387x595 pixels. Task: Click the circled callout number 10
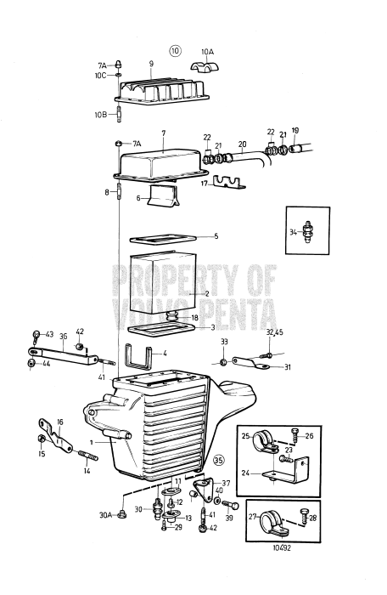[176, 50]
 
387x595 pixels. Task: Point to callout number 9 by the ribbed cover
[151, 64]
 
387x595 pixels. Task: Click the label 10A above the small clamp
[207, 51]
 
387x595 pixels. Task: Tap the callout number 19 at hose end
[295, 131]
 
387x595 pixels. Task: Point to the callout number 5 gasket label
[216, 236]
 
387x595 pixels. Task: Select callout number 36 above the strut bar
[63, 337]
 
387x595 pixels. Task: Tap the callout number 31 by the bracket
[288, 367]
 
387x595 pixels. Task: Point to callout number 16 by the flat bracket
[59, 421]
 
